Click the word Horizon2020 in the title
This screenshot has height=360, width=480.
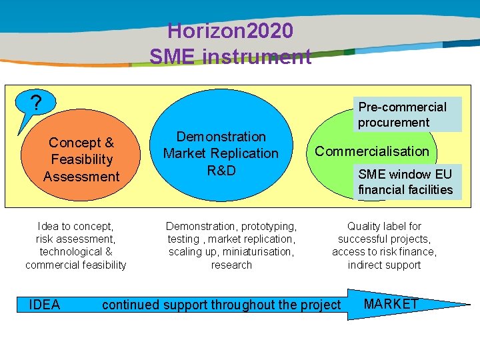(x=230, y=31)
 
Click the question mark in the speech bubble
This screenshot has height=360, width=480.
(x=37, y=103)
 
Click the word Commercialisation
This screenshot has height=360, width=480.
(x=372, y=151)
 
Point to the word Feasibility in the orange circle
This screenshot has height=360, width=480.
(x=81, y=159)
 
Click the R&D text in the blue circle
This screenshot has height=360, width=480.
(x=221, y=170)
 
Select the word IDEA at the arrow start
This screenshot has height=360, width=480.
(x=45, y=305)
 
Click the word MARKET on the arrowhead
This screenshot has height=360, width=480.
(x=391, y=304)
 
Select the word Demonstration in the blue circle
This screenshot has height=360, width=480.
(x=221, y=137)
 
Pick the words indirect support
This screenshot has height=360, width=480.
(x=384, y=265)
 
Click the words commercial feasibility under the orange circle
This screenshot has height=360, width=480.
(x=75, y=265)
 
